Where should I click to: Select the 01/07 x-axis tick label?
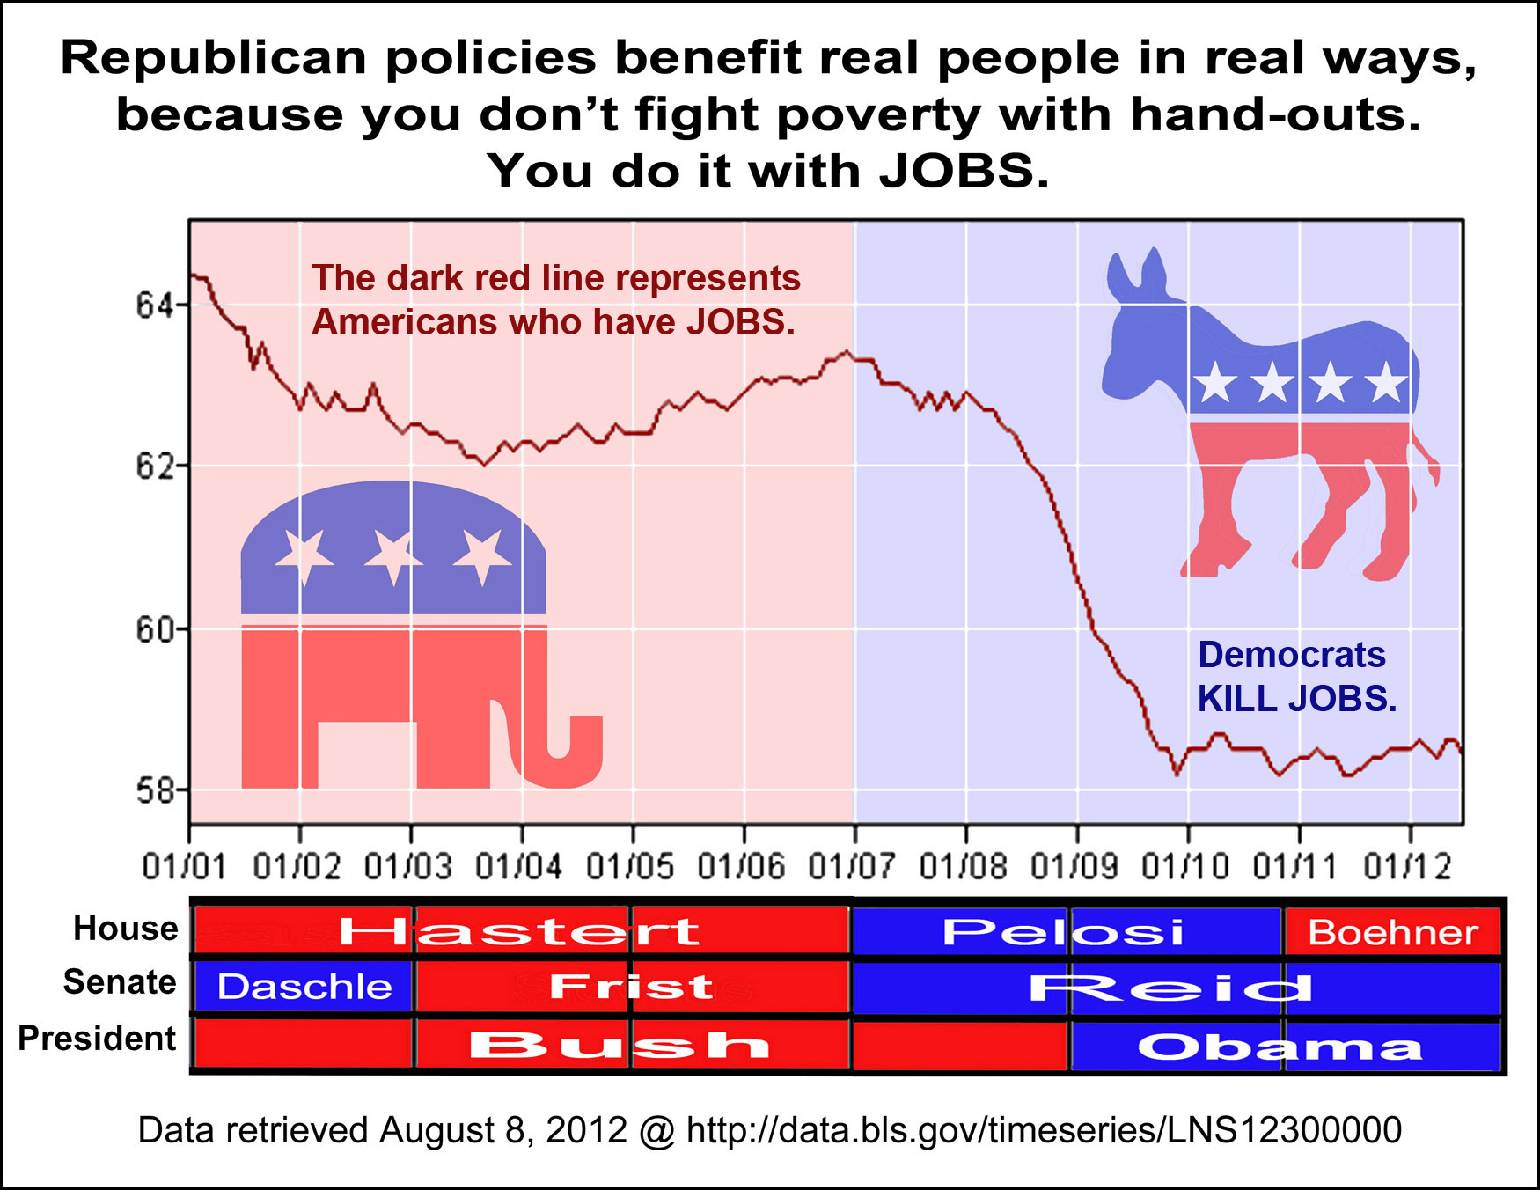click(x=853, y=867)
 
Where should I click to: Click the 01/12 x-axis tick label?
click(x=1409, y=867)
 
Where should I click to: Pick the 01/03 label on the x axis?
click(x=408, y=867)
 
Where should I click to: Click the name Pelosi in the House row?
click(x=1064, y=932)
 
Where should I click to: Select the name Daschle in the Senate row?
click(x=304, y=987)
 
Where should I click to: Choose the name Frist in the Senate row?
click(x=632, y=987)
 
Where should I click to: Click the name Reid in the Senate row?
click(x=1170, y=988)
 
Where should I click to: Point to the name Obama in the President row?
click(x=1280, y=1047)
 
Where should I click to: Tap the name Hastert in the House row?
click(x=520, y=932)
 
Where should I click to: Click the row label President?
click(x=98, y=1039)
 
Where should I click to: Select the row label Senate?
click(x=120, y=982)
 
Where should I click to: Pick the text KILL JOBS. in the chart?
click(x=1297, y=699)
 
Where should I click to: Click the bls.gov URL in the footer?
click(x=1044, y=1130)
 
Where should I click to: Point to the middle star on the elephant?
click(x=392, y=556)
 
